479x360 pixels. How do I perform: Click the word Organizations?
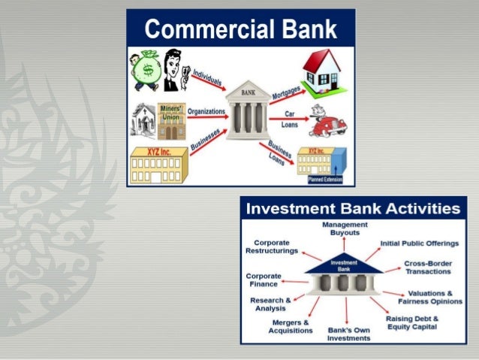tap(206, 112)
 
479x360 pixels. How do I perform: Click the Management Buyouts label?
tap(345, 228)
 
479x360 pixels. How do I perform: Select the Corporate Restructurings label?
tap(273, 247)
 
